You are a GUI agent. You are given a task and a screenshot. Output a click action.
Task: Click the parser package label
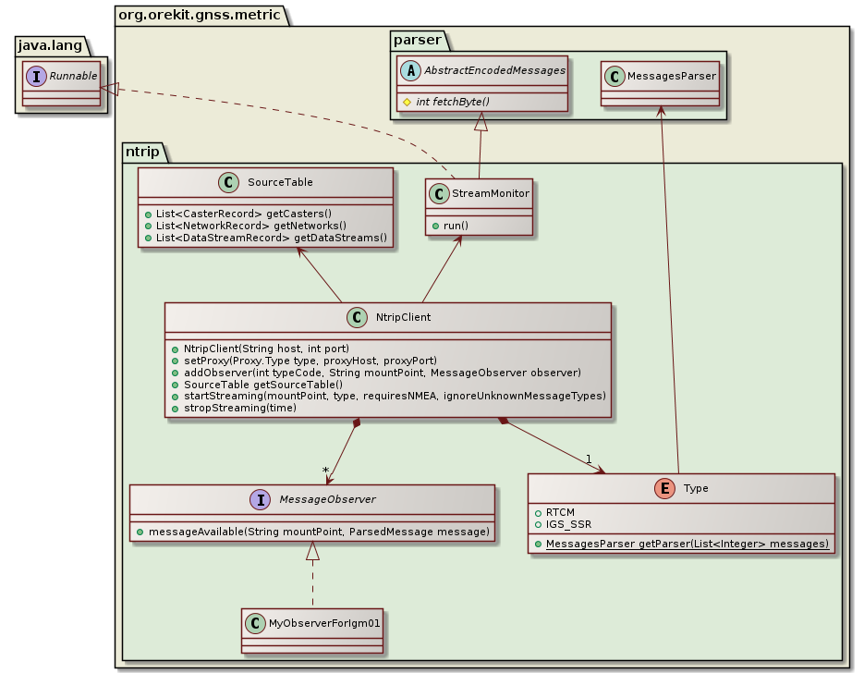tap(418, 39)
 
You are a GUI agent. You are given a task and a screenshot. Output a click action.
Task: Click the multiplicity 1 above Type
tap(588, 459)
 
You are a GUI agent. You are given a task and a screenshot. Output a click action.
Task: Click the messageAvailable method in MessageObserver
tap(312, 532)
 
